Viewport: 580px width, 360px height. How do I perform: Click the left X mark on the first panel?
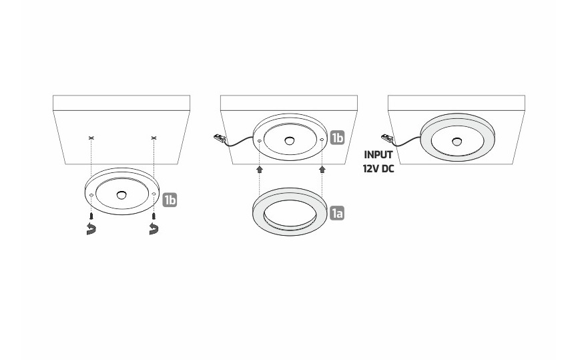click(91, 138)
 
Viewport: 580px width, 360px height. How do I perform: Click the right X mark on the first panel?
click(154, 138)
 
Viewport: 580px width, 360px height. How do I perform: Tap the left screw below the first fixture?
click(91, 216)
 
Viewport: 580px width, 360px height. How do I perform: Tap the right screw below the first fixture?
click(154, 216)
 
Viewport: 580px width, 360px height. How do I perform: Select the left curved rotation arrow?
click(91, 228)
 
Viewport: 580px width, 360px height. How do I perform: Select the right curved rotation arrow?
click(154, 228)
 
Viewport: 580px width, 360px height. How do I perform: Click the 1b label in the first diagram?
click(170, 200)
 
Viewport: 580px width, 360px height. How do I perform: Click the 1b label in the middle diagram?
click(337, 138)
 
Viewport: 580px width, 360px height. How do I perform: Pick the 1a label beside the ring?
click(337, 214)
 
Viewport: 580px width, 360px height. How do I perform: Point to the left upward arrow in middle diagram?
click(260, 170)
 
